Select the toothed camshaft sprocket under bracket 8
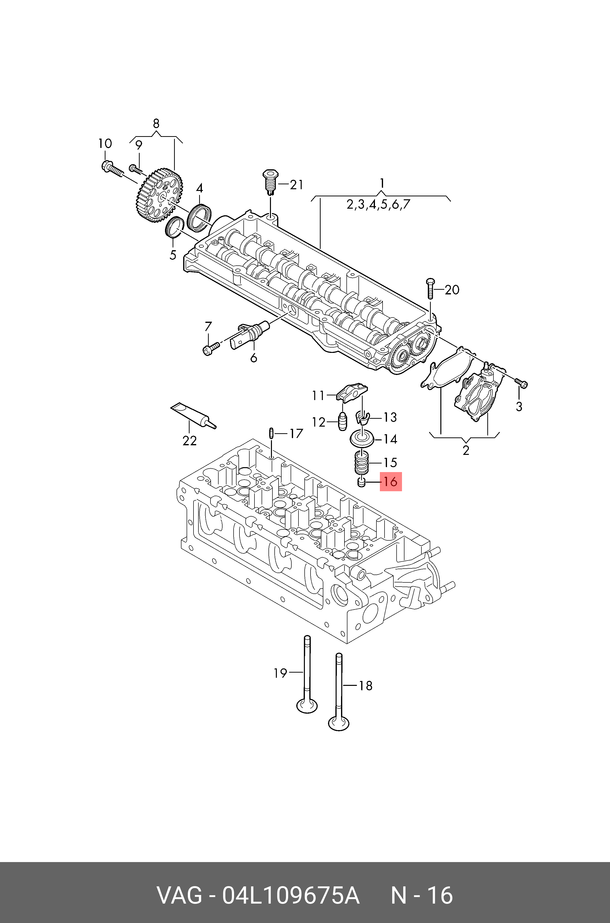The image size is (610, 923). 159,195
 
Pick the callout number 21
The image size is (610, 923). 297,185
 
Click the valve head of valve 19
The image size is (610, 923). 307,706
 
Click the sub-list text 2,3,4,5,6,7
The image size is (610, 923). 378,204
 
